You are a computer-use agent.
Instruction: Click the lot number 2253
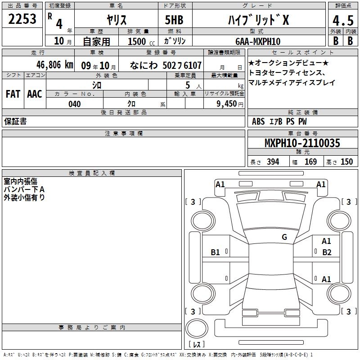coord(22,19)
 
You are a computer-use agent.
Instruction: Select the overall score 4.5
coord(343,21)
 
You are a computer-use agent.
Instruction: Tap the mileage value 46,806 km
coord(54,65)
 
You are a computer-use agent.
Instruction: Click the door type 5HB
coord(174,20)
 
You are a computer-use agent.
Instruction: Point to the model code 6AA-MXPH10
coord(258,41)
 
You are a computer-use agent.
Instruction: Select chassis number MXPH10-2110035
coord(302,143)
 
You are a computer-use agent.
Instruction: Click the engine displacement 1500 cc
coord(141,41)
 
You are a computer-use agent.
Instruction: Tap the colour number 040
coord(75,104)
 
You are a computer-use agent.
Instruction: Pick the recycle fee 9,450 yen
coord(230,104)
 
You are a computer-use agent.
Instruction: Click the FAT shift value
coord(13,94)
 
